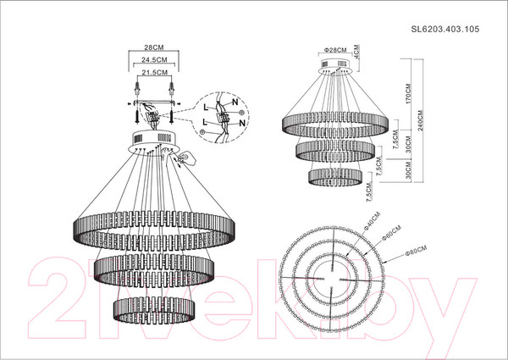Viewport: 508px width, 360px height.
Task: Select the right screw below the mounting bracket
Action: coord(172,113)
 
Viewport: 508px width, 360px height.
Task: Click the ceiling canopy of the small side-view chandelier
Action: coord(335,71)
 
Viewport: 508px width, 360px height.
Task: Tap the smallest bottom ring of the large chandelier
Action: coord(153,305)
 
